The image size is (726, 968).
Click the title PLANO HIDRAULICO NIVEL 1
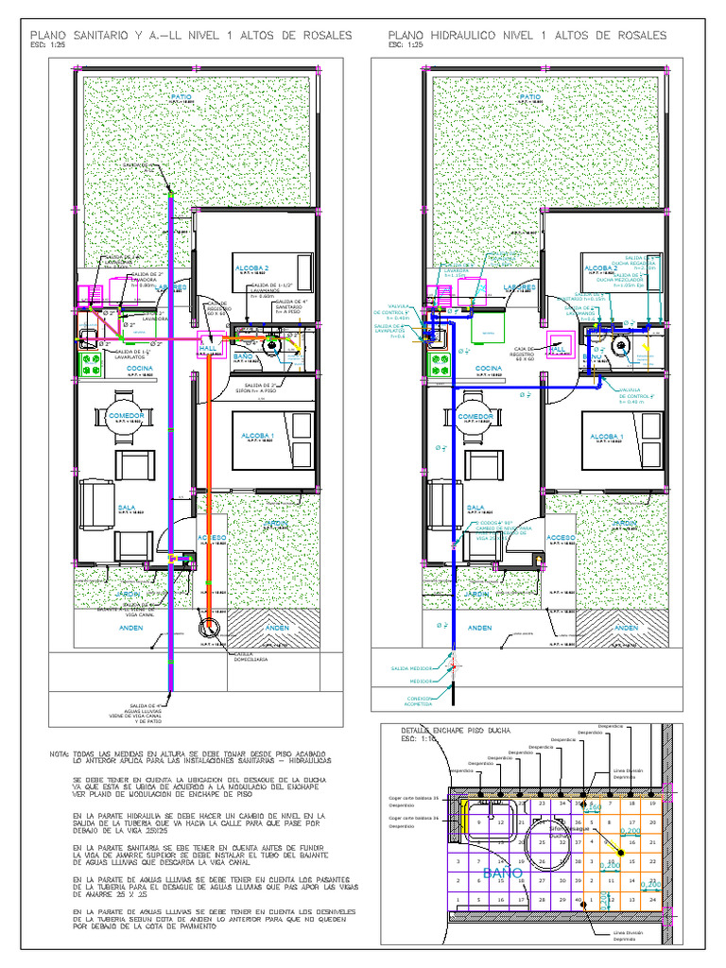pos(527,35)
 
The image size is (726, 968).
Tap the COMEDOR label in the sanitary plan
pos(126,415)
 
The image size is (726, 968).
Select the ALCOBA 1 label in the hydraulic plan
pos(605,436)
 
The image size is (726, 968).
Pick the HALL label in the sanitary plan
pos(208,347)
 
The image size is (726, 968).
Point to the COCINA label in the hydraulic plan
pos(489,368)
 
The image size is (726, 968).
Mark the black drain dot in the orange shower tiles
pos(621,853)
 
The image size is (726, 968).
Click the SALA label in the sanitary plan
pos(126,507)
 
